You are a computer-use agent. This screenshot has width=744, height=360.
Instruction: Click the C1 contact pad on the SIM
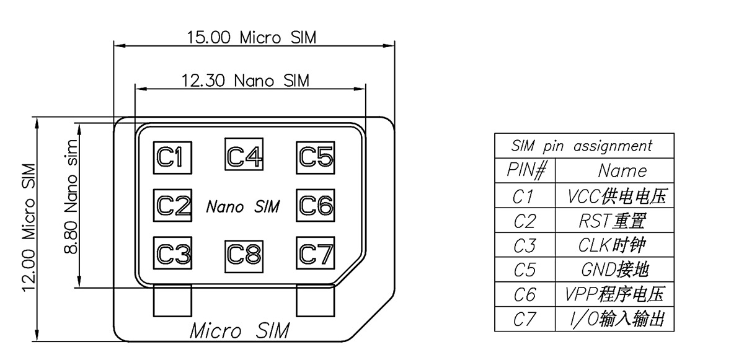tap(172, 157)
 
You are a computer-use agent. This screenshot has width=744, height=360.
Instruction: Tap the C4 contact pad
tap(244, 154)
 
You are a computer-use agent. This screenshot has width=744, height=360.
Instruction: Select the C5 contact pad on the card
tap(316, 157)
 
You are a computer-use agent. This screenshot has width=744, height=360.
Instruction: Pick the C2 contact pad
tap(172, 204)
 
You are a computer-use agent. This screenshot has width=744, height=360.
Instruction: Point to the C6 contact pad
tap(316, 204)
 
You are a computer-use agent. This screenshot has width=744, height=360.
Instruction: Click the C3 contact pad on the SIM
tap(172, 253)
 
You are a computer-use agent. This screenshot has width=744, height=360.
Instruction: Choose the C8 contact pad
tap(244, 253)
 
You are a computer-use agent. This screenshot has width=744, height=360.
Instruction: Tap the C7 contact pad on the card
tap(316, 253)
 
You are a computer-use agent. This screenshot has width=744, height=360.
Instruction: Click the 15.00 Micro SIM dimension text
tap(252, 37)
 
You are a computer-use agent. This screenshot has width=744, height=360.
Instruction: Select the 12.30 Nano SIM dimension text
tap(245, 81)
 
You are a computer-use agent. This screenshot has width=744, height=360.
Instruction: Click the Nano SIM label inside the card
tap(242, 206)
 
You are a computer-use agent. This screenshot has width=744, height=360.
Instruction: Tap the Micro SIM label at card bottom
tap(239, 330)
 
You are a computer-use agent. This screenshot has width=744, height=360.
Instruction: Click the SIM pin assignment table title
tap(582, 146)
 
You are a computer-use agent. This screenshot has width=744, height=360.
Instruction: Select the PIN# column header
tap(526, 170)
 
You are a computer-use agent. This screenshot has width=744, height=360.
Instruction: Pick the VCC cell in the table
tap(616, 196)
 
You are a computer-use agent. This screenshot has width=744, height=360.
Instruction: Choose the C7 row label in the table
tap(525, 319)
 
